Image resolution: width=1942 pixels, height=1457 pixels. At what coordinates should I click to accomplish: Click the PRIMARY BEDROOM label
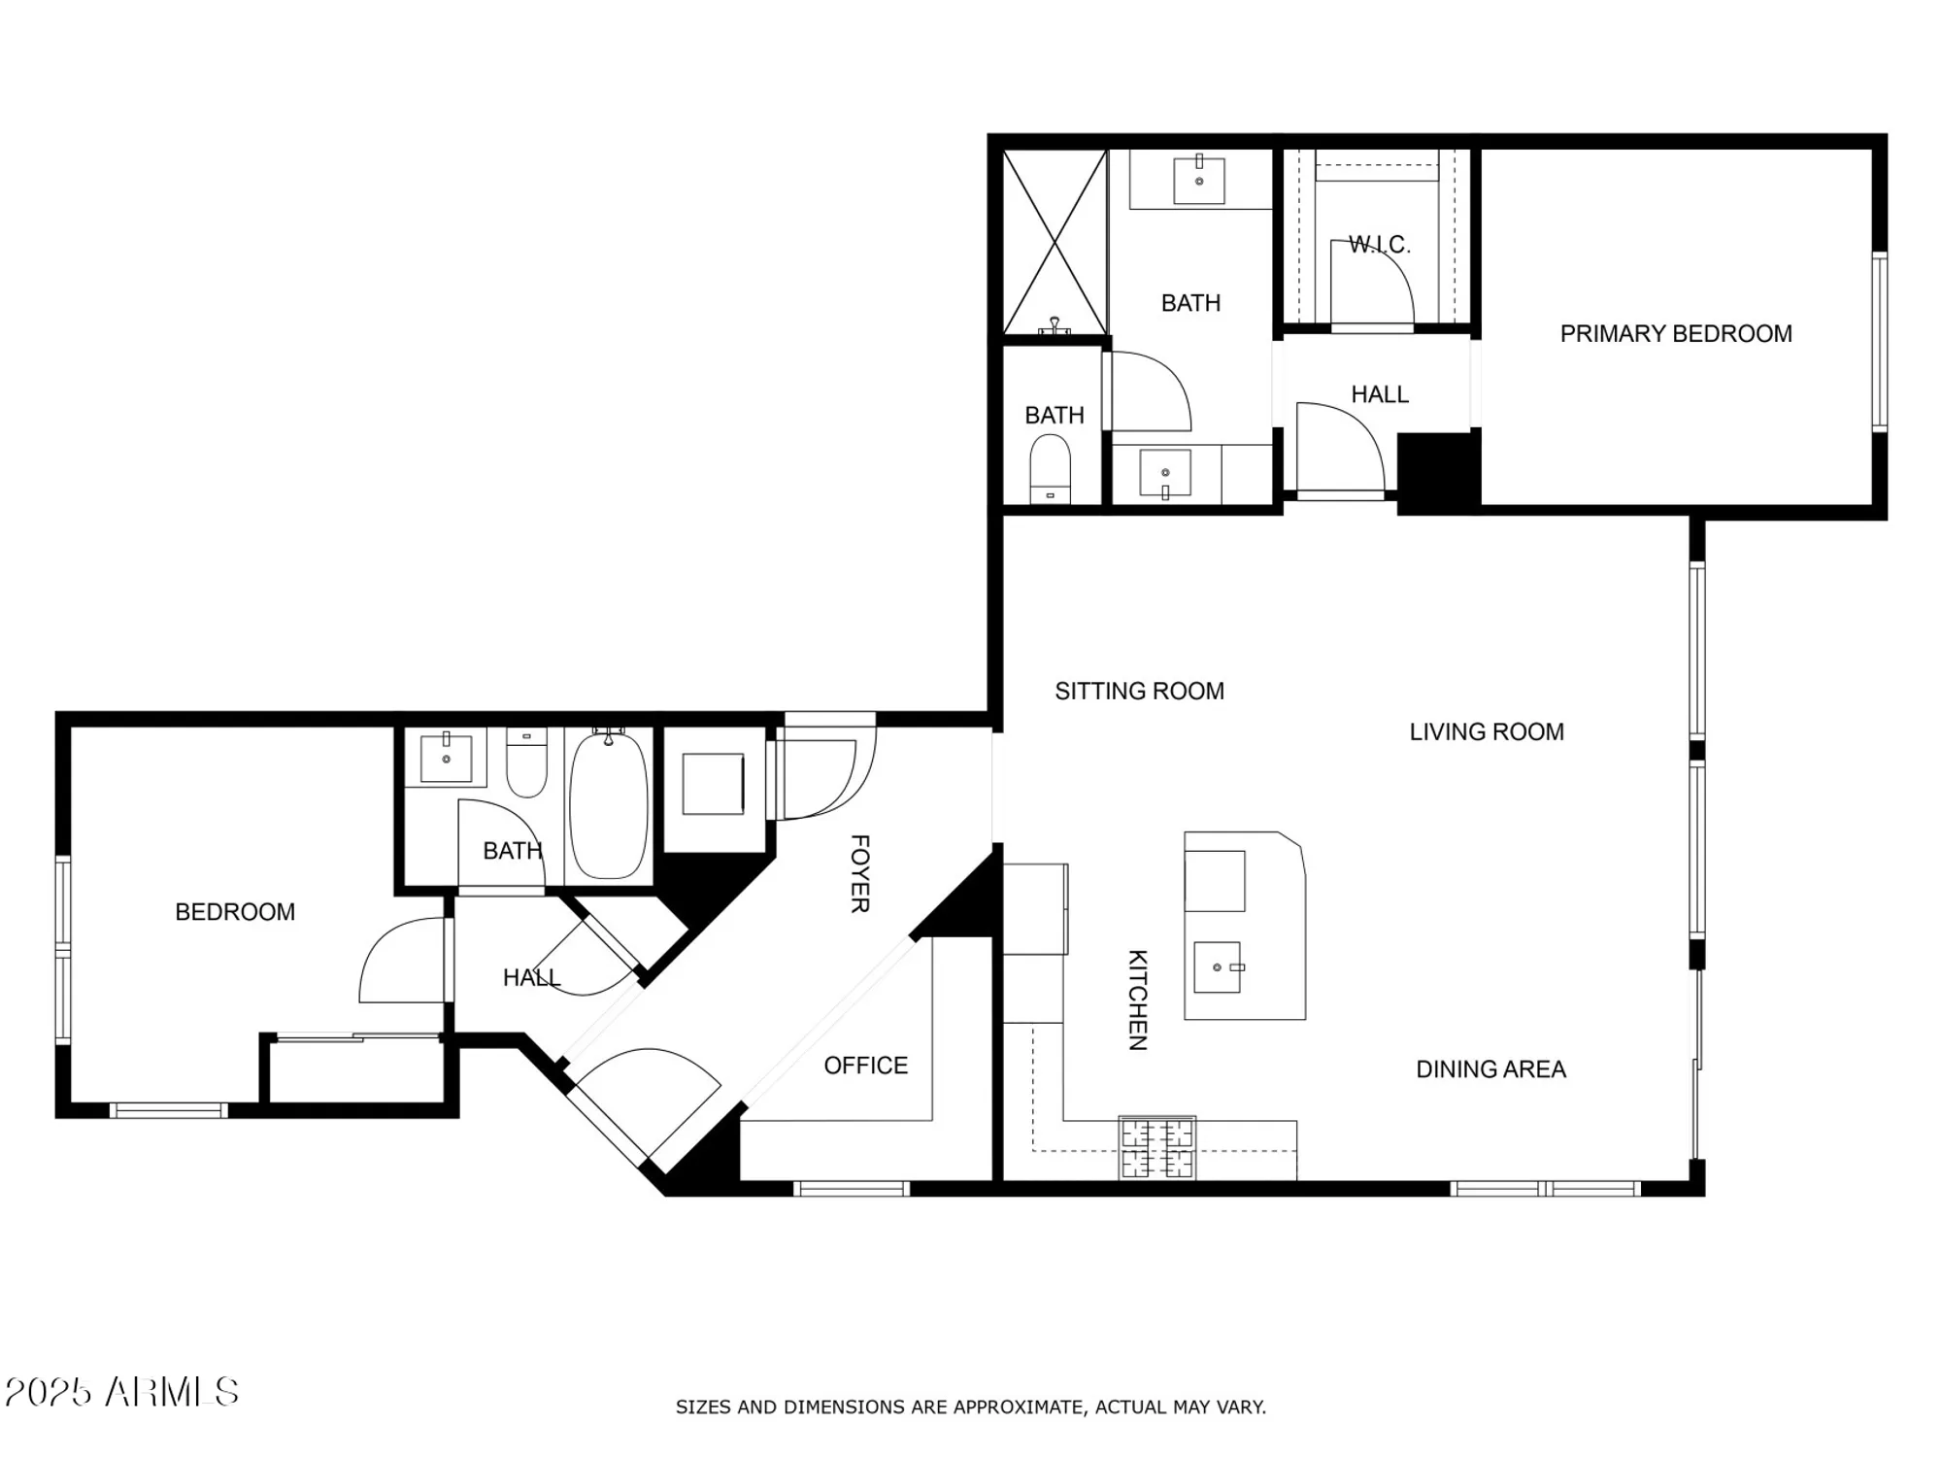click(1675, 334)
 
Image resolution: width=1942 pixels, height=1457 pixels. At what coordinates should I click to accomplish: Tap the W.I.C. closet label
click(1379, 244)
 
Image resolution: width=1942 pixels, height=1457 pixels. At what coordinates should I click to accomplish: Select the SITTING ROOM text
click(1139, 691)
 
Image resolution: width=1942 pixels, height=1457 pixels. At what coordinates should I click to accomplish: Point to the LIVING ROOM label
click(1486, 731)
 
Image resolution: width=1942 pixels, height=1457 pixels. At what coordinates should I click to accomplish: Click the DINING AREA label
click(1490, 1069)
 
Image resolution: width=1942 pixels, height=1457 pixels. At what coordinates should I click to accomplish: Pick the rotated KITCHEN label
click(1137, 1000)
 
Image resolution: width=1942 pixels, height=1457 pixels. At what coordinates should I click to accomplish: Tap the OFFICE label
click(865, 1066)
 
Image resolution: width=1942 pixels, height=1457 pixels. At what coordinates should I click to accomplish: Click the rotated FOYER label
click(859, 873)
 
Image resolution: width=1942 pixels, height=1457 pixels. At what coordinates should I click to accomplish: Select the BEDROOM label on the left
click(234, 912)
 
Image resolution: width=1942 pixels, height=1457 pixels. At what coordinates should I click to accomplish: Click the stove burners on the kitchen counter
click(1156, 1147)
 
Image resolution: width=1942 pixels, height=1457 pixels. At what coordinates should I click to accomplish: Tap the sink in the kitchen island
click(1218, 967)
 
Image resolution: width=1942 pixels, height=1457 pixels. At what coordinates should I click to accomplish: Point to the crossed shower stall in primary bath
click(1055, 242)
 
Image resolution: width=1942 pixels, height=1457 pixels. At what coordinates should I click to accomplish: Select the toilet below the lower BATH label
click(1050, 469)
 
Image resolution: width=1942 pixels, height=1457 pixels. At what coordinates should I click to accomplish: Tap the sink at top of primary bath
click(1199, 181)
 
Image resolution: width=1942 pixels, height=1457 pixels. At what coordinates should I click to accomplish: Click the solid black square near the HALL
click(1437, 471)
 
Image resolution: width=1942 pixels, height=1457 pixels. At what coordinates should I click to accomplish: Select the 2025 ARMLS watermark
click(121, 1392)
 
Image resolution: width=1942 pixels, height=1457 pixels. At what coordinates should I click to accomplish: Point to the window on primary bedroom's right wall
click(1879, 342)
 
